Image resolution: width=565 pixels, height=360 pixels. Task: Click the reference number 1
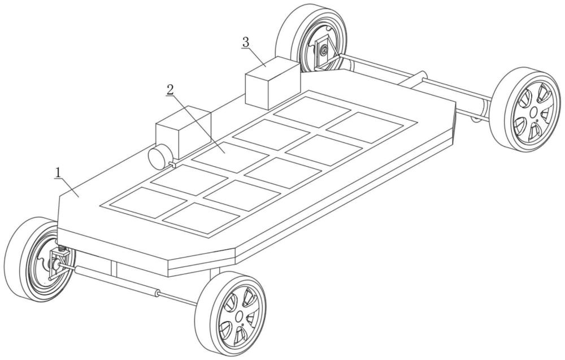tap(58, 173)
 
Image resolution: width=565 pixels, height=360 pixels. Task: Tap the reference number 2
tap(170, 90)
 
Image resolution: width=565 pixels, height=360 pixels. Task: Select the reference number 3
tap(245, 42)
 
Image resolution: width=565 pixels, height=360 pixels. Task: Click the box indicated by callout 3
tap(272, 83)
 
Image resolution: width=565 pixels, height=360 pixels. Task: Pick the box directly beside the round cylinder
tap(183, 133)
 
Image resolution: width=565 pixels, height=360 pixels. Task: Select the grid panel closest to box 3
tap(311, 112)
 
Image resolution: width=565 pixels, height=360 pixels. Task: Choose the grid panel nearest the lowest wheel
tap(201, 218)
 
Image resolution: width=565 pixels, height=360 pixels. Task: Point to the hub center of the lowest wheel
tap(239, 316)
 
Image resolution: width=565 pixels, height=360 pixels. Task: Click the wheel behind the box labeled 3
tap(311, 38)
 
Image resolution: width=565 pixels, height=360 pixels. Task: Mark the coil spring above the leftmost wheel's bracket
tap(62, 248)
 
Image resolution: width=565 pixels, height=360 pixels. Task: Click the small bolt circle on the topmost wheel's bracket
tap(324, 51)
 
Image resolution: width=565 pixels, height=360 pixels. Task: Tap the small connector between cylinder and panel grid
tap(172, 164)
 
